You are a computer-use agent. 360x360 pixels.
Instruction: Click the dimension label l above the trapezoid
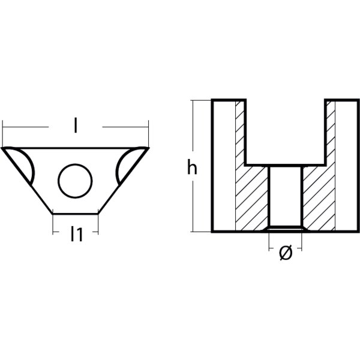click(75, 127)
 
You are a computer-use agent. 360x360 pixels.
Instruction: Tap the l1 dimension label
click(76, 234)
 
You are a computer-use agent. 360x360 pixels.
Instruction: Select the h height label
click(191, 169)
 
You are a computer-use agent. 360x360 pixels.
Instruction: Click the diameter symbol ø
click(286, 254)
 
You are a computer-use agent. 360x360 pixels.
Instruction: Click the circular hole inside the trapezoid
click(76, 179)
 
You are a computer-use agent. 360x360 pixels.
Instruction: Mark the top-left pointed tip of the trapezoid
click(4, 148)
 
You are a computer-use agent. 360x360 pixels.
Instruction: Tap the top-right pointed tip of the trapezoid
click(147, 148)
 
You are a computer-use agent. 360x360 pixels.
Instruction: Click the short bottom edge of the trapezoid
click(76, 212)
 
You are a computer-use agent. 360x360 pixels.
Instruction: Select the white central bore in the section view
click(286, 195)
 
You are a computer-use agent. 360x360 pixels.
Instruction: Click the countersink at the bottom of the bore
click(286, 229)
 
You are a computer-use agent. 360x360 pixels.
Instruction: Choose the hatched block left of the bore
click(252, 198)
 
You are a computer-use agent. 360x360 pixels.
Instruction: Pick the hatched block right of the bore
click(319, 198)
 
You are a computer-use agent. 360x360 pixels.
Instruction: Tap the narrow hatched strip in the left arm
click(241, 132)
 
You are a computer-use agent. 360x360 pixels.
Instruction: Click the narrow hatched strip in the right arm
click(329, 132)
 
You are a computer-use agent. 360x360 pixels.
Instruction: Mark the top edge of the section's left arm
click(229, 100)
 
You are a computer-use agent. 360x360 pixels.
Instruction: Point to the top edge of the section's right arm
click(342, 100)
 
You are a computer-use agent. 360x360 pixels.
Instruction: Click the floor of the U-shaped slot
click(286, 166)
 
